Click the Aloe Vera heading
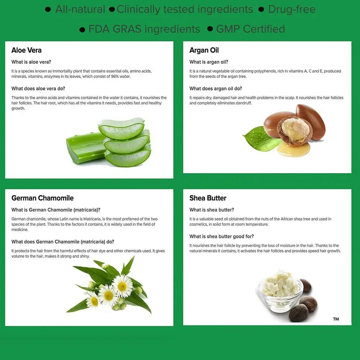coord(26,50)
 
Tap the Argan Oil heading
coord(204,50)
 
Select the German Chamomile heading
coord(42,198)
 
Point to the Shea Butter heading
coord(208,198)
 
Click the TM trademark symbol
coord(336,319)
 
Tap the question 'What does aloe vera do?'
coord(39,89)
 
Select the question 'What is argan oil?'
coord(209,62)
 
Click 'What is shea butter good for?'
coord(221,237)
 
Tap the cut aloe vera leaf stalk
coord(85,148)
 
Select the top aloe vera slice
coord(121,129)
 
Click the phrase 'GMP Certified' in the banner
coord(251,29)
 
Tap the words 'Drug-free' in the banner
coord(292,9)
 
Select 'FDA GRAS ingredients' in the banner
coord(144,29)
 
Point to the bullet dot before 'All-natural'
coord(48,9)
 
